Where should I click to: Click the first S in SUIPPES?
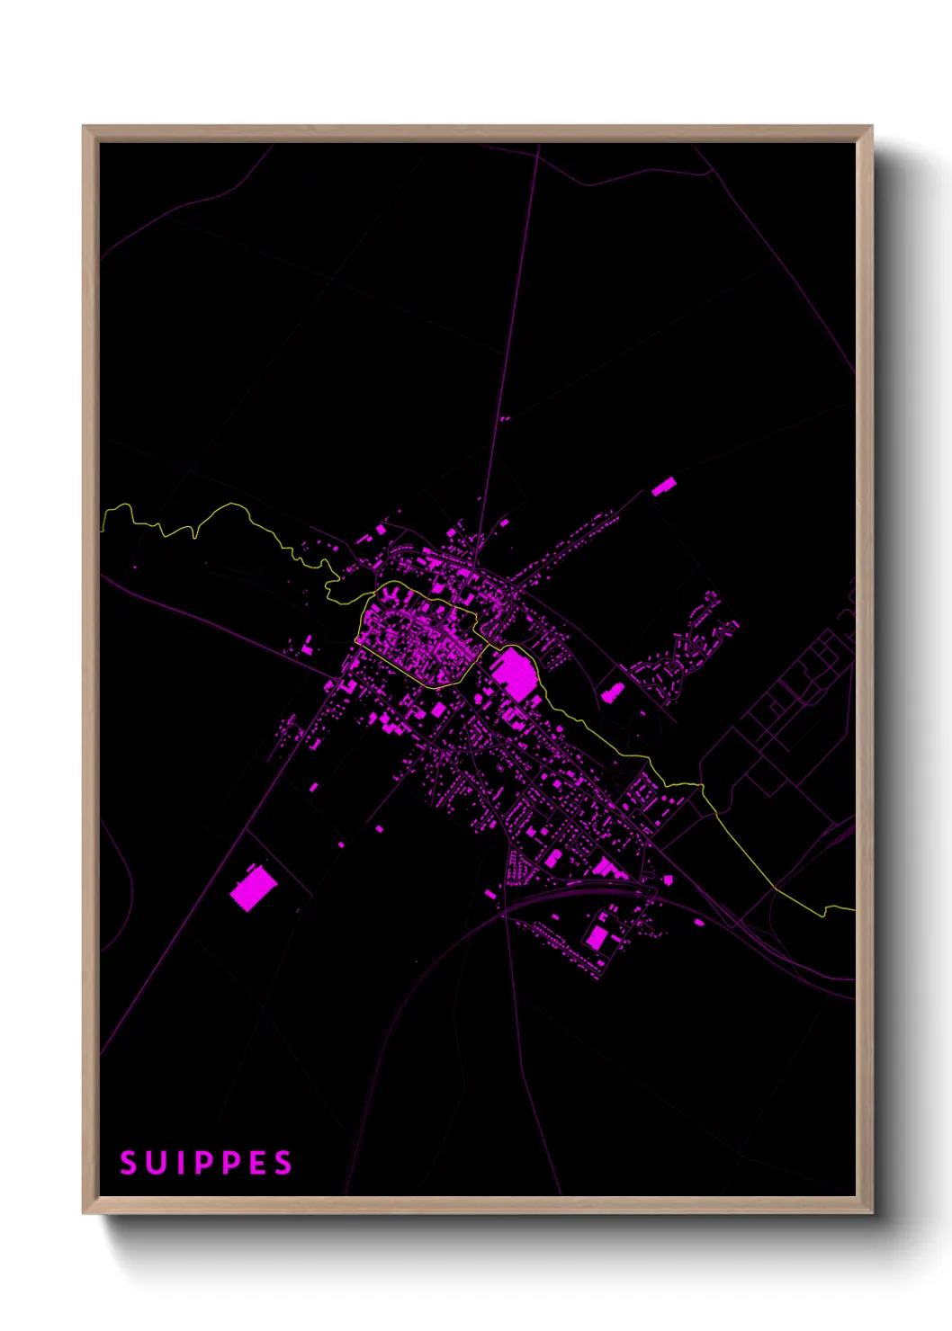pyautogui.click(x=128, y=1163)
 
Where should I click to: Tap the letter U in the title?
pyautogui.click(x=154, y=1163)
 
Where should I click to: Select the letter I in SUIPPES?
pyautogui.click(x=177, y=1163)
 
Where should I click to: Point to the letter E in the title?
pyautogui.click(x=256, y=1163)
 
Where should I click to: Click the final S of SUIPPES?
pyautogui.click(x=283, y=1163)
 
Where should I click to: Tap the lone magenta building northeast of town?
pyautogui.click(x=663, y=487)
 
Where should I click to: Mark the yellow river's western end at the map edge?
pyautogui.click(x=103, y=522)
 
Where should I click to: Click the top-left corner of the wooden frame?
pyautogui.click(x=85, y=128)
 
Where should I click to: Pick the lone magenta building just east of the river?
pyautogui.click(x=613, y=692)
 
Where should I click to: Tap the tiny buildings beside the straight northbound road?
pyautogui.click(x=505, y=418)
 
